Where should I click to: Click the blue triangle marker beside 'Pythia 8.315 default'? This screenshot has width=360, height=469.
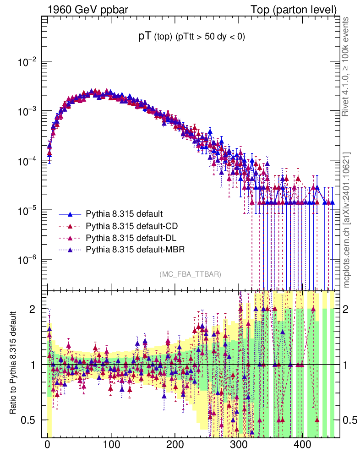tap(70, 214)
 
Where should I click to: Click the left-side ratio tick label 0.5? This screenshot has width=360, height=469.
tap(28, 420)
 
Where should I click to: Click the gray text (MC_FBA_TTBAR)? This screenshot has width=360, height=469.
tap(191, 274)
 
